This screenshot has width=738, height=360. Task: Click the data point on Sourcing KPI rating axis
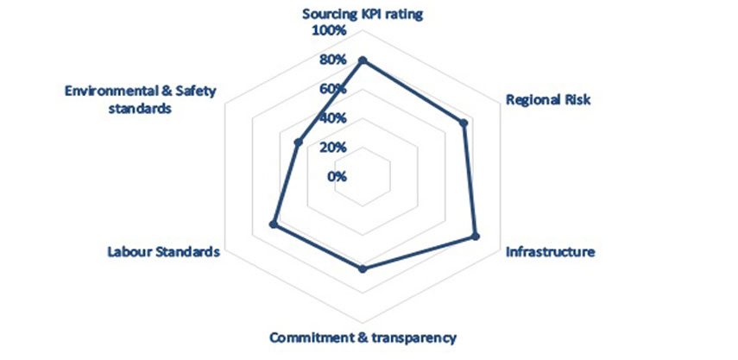tap(362, 60)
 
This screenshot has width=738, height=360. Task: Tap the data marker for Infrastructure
tap(475, 237)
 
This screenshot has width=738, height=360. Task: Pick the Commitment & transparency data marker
tap(362, 269)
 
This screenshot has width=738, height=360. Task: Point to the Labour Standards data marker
tap(274, 224)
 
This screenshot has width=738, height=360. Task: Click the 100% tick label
tap(329, 31)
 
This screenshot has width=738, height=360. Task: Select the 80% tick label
tap(331, 60)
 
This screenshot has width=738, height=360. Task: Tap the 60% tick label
tap(331, 89)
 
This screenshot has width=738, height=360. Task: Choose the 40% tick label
tap(331, 118)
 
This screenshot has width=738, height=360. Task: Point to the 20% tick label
tap(331, 147)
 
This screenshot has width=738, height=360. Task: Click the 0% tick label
tap(336, 176)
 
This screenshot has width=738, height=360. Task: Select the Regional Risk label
tap(548, 99)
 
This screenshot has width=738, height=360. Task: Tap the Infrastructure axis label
tap(550, 253)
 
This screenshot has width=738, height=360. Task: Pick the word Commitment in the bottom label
tap(308, 337)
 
